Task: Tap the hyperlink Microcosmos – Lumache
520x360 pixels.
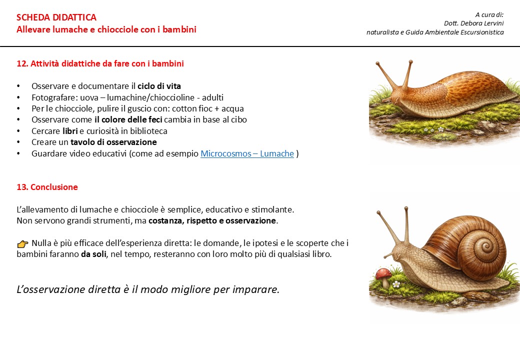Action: (x=247, y=154)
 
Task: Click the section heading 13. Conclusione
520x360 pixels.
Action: (x=47, y=187)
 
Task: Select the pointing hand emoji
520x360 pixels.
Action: (x=22, y=243)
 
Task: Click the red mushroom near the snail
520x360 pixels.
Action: (x=383, y=274)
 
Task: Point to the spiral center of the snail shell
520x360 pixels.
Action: (x=484, y=245)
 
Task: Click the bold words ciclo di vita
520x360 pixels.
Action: (x=159, y=86)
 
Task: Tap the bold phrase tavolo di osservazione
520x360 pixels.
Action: (x=113, y=142)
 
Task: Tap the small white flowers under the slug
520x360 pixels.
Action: (x=433, y=129)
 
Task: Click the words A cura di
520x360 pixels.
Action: (x=489, y=14)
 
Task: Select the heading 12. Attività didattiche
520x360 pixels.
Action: (x=100, y=63)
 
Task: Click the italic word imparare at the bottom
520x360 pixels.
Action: (x=255, y=289)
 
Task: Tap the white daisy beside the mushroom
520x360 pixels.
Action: (x=396, y=284)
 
